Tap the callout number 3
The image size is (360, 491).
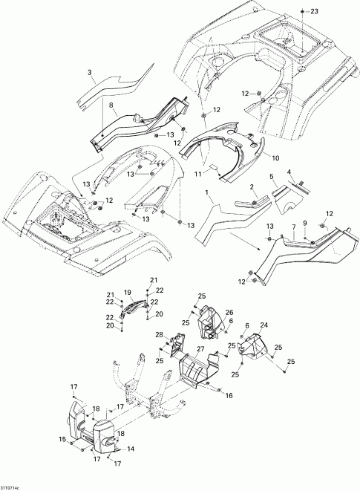click(x=91, y=72)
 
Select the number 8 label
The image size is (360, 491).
click(x=111, y=107)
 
